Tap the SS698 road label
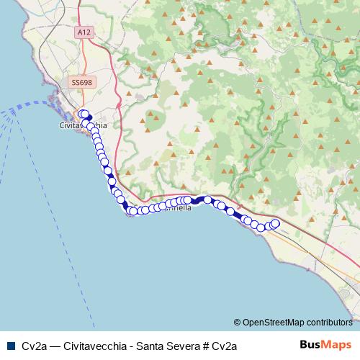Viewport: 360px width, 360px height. click(x=81, y=84)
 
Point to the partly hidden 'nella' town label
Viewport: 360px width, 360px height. click(x=179, y=208)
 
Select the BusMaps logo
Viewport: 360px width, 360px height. click(x=325, y=345)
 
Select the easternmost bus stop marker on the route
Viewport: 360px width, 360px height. click(x=274, y=224)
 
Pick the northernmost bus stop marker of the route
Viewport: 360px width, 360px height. click(x=83, y=113)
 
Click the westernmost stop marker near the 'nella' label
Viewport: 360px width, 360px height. click(x=133, y=211)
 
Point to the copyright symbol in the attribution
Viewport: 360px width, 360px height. click(x=238, y=323)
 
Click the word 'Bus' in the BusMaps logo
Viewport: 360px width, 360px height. click(x=310, y=345)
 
